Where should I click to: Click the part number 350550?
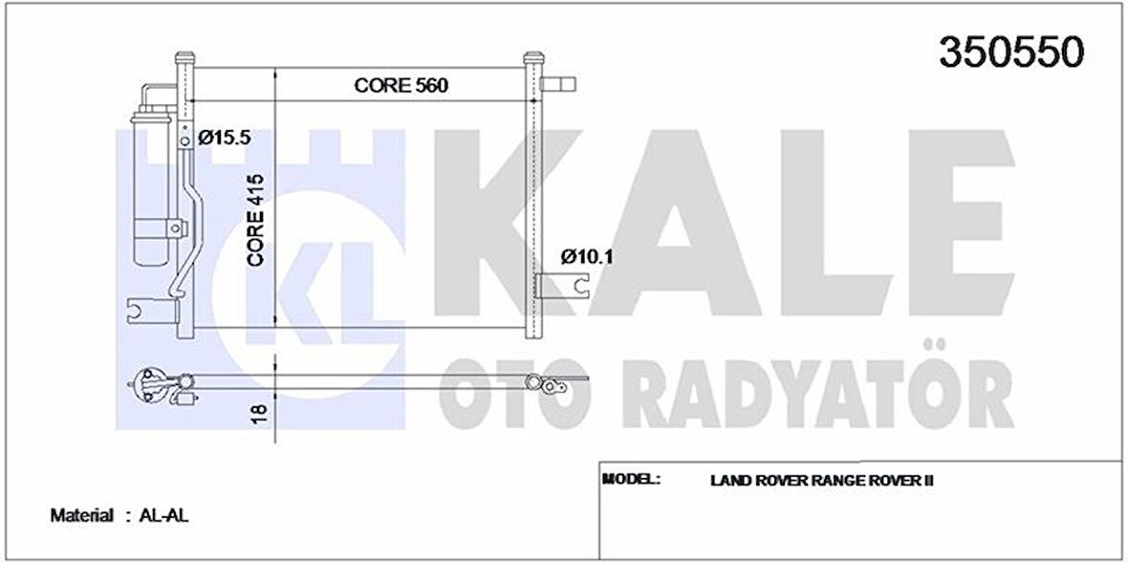pyautogui.click(x=1011, y=54)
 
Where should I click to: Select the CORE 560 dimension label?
pyautogui.click(x=401, y=85)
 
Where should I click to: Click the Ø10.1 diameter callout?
pyautogui.click(x=585, y=256)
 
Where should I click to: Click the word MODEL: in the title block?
pyautogui.click(x=632, y=478)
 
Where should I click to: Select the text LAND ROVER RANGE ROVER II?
pyautogui.click(x=821, y=480)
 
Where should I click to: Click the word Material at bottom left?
pyautogui.click(x=81, y=515)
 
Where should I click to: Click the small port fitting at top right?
pyautogui.click(x=558, y=84)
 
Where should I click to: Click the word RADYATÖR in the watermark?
pyautogui.click(x=822, y=394)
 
